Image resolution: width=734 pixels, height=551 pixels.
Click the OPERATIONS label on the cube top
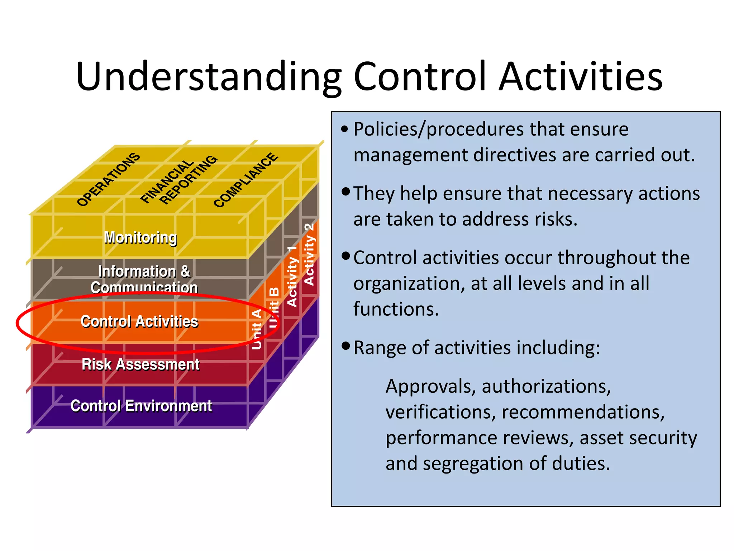click(108, 179)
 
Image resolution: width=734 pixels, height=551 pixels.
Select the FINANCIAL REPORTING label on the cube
click(178, 180)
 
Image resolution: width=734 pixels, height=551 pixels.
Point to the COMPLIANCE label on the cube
click(246, 180)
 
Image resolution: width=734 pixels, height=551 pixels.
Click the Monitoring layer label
click(140, 237)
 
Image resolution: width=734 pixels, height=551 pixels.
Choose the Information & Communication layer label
click(144, 279)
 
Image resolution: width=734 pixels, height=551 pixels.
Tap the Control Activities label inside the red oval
click(139, 321)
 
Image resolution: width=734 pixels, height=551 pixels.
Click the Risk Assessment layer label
click(140, 364)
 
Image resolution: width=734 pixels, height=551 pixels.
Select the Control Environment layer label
click(141, 406)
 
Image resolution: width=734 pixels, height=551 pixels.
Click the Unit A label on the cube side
click(257, 329)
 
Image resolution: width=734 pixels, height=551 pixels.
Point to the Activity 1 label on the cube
click(292, 276)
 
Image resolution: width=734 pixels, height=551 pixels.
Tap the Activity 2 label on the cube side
click(309, 254)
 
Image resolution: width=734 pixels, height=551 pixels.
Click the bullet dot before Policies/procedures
click(345, 129)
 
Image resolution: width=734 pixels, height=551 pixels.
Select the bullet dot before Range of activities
click(345, 346)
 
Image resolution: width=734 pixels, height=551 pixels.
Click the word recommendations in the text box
click(583, 412)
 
